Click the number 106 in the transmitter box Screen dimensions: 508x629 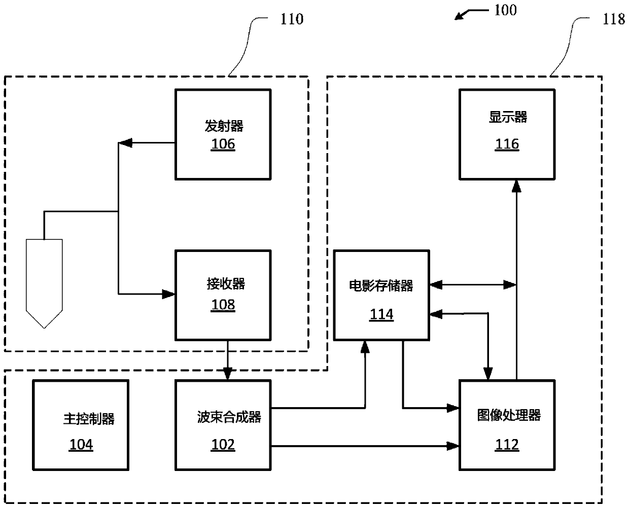223,144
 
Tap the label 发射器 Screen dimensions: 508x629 224,125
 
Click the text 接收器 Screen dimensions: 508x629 225,284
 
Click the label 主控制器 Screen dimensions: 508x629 89,419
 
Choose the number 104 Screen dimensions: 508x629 81,445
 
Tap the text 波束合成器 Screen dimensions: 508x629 229,417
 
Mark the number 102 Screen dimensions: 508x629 223,445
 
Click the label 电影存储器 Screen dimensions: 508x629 381,286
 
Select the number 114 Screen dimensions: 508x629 381,314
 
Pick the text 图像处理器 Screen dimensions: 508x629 509,415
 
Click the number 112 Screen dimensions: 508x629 507,445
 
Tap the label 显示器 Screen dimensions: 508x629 508,117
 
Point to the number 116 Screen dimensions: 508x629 507,144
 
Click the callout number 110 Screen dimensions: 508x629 292,19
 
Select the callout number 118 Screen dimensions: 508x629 613,19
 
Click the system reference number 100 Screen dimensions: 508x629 505,10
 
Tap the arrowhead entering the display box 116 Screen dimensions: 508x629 516,186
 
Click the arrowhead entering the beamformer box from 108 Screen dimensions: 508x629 227,375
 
